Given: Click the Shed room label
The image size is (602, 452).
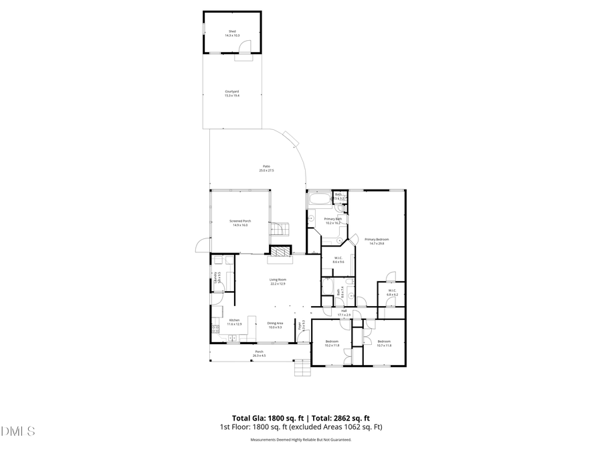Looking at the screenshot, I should (232, 32).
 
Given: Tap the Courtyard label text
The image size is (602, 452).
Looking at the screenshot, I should (232, 93).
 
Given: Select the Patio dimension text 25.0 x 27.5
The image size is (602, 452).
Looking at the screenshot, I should (266, 171).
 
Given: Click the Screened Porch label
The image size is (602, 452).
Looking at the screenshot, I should (240, 222).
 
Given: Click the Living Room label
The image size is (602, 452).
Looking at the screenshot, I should (278, 281).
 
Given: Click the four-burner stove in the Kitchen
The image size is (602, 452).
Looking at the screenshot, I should (215, 329).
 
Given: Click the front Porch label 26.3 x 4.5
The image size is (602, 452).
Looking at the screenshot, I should (259, 353).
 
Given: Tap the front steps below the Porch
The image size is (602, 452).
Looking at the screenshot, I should (302, 368).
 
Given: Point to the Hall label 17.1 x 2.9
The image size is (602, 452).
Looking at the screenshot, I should (344, 313).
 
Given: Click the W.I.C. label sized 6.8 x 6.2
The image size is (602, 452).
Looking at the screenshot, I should (391, 292).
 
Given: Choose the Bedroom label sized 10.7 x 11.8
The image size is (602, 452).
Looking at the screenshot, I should (384, 343).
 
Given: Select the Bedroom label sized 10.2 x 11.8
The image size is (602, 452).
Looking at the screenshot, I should (332, 343).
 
